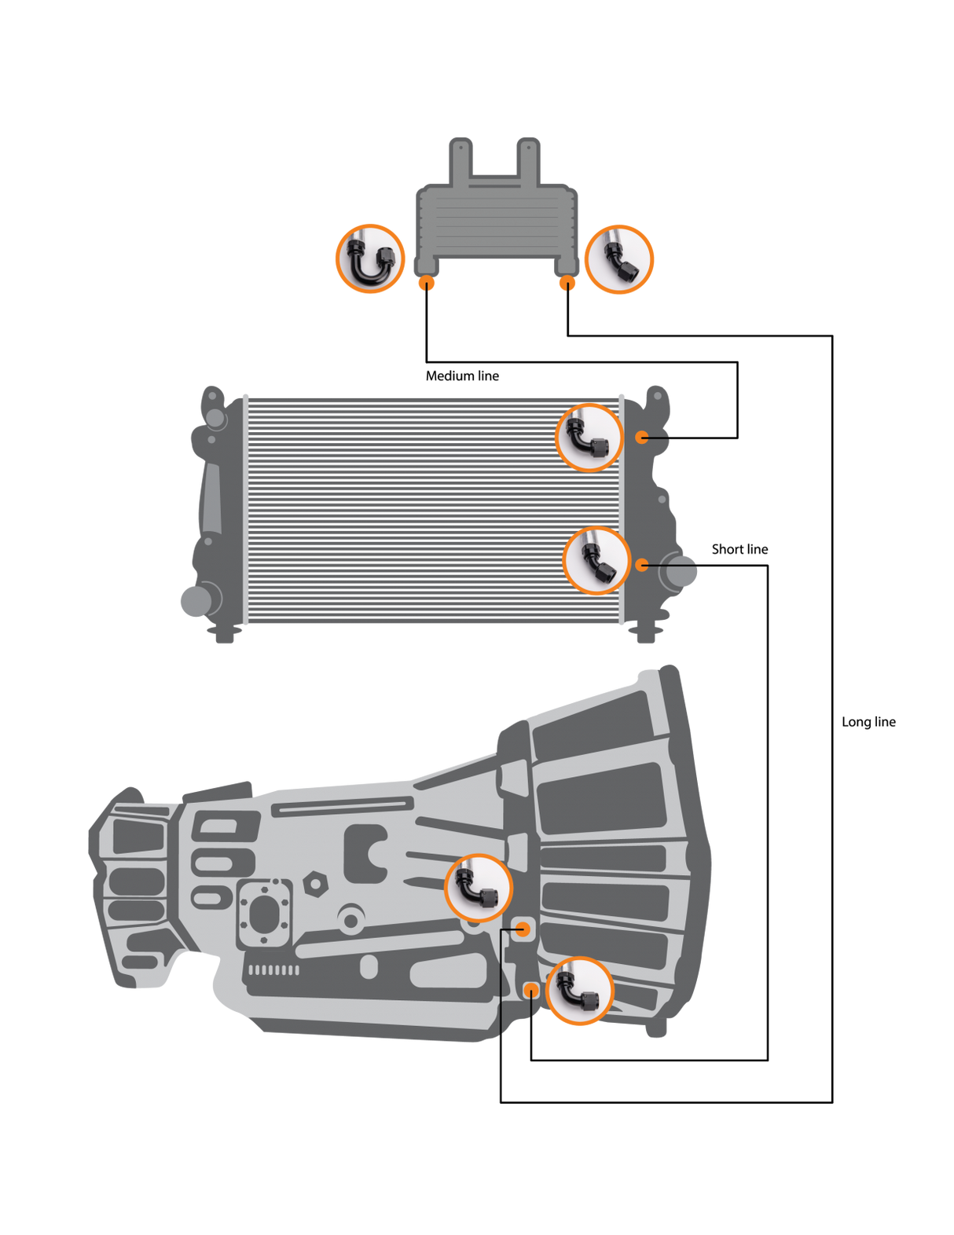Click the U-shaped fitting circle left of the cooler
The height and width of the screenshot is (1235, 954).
point(370,258)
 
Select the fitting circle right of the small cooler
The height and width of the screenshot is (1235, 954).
point(619,258)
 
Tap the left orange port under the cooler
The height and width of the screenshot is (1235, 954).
point(425,284)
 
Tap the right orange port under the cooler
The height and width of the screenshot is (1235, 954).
point(566,284)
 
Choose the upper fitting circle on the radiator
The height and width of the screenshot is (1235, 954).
point(589,438)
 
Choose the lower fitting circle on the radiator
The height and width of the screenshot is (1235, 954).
point(597,561)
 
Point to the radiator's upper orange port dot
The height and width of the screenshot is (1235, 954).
point(642,437)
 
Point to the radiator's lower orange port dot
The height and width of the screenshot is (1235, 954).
point(642,564)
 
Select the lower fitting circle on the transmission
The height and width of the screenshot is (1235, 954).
point(579,991)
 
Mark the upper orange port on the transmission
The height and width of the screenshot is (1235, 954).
point(523,929)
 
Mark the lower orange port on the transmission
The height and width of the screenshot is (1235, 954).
point(531,989)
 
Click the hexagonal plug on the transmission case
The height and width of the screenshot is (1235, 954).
point(315,884)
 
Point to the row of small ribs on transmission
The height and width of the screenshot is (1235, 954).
point(273,970)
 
